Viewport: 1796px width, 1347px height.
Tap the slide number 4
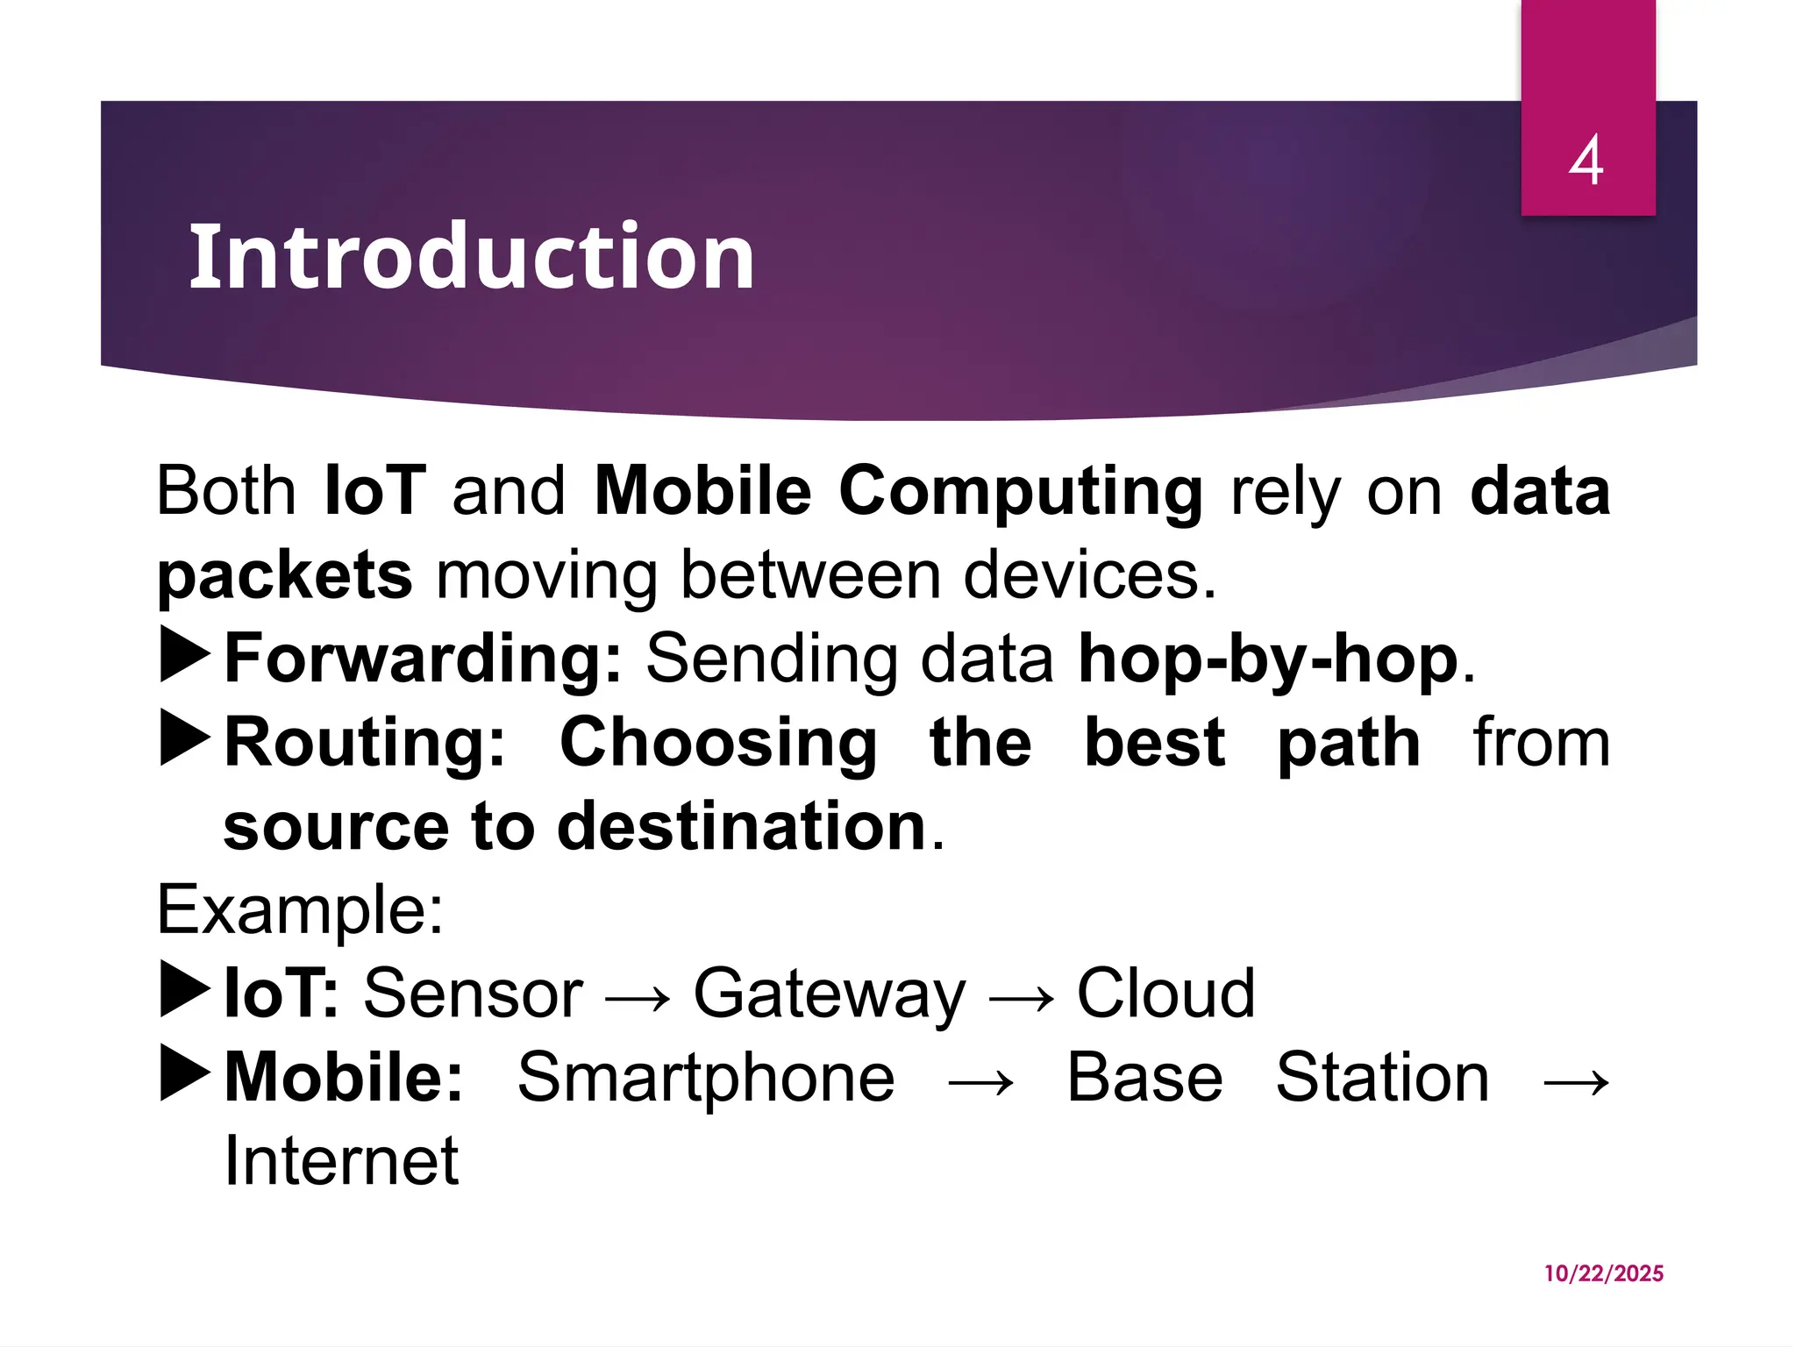tap(1586, 160)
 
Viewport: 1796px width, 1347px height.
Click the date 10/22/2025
tap(1603, 1273)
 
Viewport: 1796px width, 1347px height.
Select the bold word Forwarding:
tap(423, 658)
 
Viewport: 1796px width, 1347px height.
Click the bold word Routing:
tap(365, 743)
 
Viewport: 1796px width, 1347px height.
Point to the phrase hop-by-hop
tap(1268, 658)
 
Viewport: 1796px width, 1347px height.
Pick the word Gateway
tap(829, 994)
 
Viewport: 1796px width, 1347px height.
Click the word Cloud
tap(1165, 994)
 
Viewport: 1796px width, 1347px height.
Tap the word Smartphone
tap(706, 1078)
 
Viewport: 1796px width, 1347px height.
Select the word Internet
tap(341, 1161)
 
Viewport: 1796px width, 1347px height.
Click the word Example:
tap(300, 910)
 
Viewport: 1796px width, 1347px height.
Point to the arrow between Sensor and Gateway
tap(638, 998)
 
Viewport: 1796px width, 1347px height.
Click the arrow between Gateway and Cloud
tap(1021, 998)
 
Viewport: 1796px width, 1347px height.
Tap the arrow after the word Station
tap(1576, 1082)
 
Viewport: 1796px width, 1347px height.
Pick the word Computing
tap(1021, 491)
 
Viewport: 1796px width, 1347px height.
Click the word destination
tap(742, 826)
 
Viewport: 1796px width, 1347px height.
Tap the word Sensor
tap(474, 994)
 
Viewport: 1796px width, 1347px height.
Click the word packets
tap(284, 576)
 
